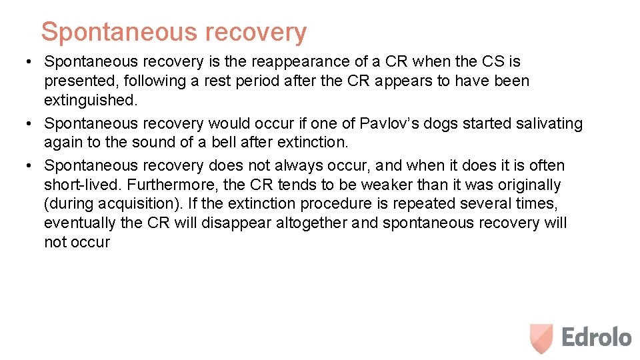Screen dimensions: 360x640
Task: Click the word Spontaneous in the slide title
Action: point(119,31)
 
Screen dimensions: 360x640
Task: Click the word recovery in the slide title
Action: point(256,31)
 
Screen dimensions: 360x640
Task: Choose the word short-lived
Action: point(82,185)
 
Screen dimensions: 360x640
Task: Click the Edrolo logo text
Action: point(596,337)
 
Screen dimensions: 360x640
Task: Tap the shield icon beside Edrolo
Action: point(541,337)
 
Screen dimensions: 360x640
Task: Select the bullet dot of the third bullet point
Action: point(23,166)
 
